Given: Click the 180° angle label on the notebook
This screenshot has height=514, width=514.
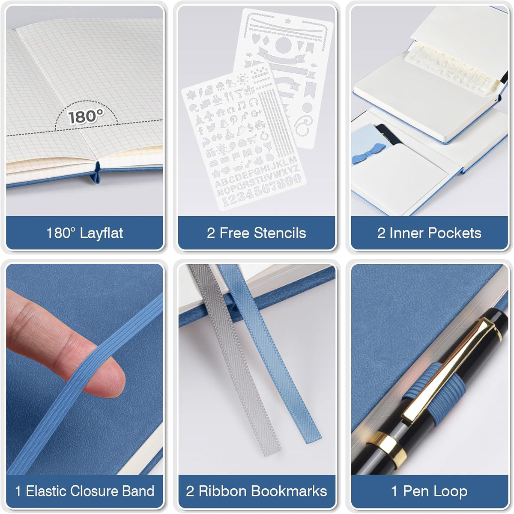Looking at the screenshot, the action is [85, 117].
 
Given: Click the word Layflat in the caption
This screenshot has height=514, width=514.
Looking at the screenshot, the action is [102, 233].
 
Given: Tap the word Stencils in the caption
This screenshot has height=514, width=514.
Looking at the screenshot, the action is [280, 233].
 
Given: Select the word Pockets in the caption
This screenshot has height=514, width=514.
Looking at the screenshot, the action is [455, 233].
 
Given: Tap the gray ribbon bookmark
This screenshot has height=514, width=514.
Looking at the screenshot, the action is [235, 360].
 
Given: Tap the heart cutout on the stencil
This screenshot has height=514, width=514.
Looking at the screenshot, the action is [256, 38].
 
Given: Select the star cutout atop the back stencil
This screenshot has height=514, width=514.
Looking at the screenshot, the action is [288, 20].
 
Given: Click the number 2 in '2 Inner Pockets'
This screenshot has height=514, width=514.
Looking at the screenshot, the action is [381, 233].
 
